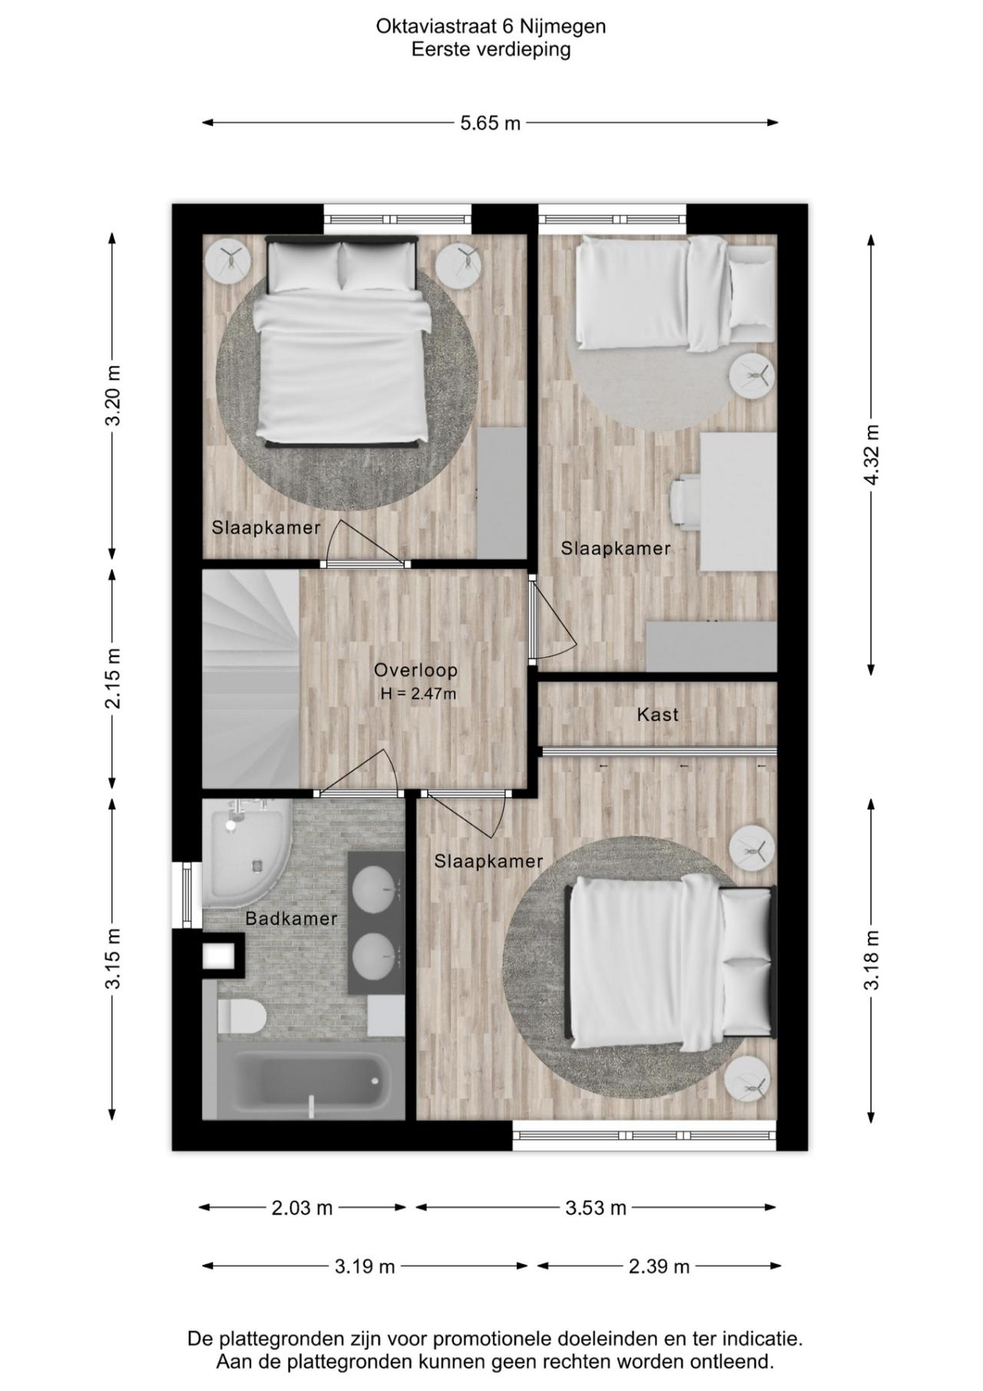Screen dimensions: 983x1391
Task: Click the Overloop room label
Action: pyautogui.click(x=415, y=670)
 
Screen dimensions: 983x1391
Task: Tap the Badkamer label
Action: pyautogui.click(x=291, y=918)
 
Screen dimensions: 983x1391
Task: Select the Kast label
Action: pyautogui.click(x=657, y=715)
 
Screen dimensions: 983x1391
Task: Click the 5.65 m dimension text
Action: pyautogui.click(x=490, y=123)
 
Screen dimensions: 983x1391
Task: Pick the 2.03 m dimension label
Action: pyautogui.click(x=302, y=1208)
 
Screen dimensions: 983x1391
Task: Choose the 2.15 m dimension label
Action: pyautogui.click(x=113, y=679)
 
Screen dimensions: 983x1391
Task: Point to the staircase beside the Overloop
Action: pyautogui.click(x=250, y=679)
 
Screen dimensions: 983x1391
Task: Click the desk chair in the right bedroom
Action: pyautogui.click(x=685, y=503)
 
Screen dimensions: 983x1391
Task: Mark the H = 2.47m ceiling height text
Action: pyautogui.click(x=419, y=694)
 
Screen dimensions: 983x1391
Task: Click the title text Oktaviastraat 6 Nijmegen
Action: pyautogui.click(x=491, y=27)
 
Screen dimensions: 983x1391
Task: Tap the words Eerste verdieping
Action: pyautogui.click(x=491, y=50)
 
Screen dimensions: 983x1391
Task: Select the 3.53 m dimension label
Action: pyautogui.click(x=596, y=1208)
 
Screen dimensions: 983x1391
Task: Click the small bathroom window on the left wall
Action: pyautogui.click(x=186, y=895)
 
